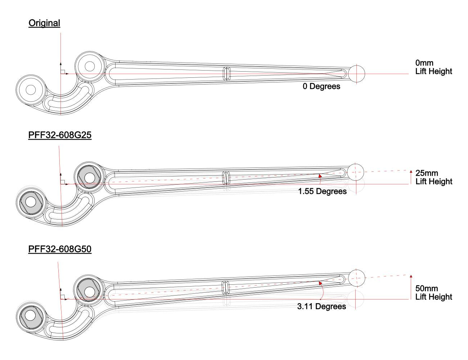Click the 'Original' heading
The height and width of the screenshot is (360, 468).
[x=44, y=24]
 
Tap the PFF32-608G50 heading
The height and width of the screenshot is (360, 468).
[x=59, y=249]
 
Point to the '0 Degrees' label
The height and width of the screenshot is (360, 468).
[x=321, y=86]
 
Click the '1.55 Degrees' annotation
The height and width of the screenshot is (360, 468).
[x=322, y=192]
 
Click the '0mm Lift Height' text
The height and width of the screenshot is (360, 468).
[x=433, y=67]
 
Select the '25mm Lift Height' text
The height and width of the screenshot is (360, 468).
[x=433, y=177]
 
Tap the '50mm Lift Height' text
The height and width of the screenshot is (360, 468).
[x=433, y=293]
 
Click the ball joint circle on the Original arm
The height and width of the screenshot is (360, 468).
[x=356, y=73]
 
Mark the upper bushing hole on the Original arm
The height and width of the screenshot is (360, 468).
[x=89, y=66]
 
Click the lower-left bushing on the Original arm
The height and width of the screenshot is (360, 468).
[x=30, y=90]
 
